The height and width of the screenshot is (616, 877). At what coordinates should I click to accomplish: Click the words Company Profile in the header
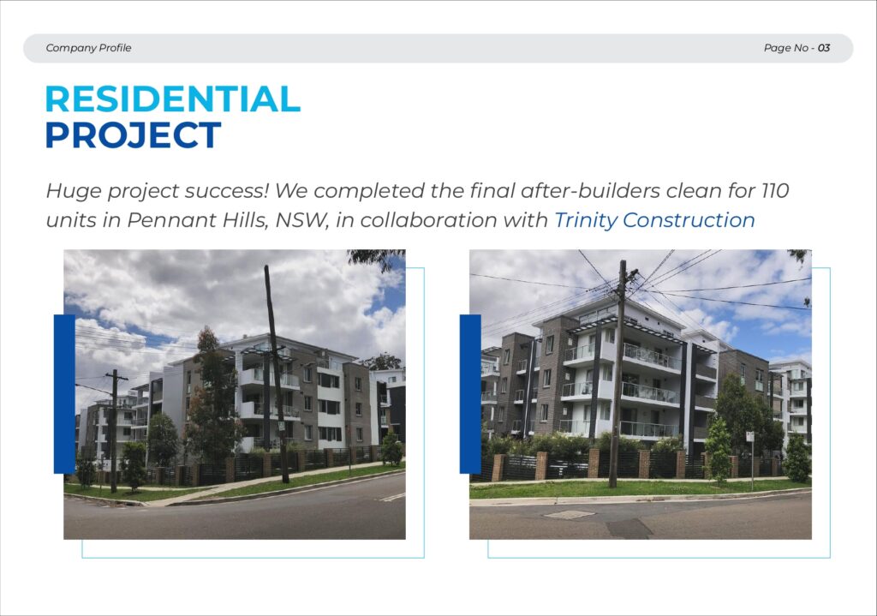[x=88, y=48]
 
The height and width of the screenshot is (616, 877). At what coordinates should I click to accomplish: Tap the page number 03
[x=824, y=48]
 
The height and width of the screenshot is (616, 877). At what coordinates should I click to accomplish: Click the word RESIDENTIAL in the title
[x=173, y=99]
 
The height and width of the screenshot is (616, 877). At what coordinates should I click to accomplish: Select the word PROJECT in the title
[x=133, y=135]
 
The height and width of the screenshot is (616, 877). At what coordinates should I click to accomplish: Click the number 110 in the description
[x=775, y=191]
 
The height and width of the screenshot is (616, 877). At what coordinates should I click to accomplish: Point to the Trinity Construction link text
[x=654, y=220]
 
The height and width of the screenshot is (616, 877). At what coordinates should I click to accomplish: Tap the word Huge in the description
[x=74, y=191]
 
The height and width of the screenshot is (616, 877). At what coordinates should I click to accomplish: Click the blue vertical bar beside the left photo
[x=64, y=394]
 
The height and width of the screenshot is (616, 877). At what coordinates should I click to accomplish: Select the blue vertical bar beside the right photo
[x=470, y=394]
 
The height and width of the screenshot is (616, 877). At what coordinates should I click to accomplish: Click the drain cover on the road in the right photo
[x=569, y=514]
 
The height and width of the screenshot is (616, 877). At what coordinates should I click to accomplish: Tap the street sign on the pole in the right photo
[x=750, y=437]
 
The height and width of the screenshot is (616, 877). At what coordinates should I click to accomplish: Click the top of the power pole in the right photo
[x=623, y=262]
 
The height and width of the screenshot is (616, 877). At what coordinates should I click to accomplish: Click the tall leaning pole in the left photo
[x=277, y=374]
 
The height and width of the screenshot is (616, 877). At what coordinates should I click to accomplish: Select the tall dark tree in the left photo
[x=212, y=398]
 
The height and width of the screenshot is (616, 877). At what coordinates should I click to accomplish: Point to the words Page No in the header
[x=786, y=48]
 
